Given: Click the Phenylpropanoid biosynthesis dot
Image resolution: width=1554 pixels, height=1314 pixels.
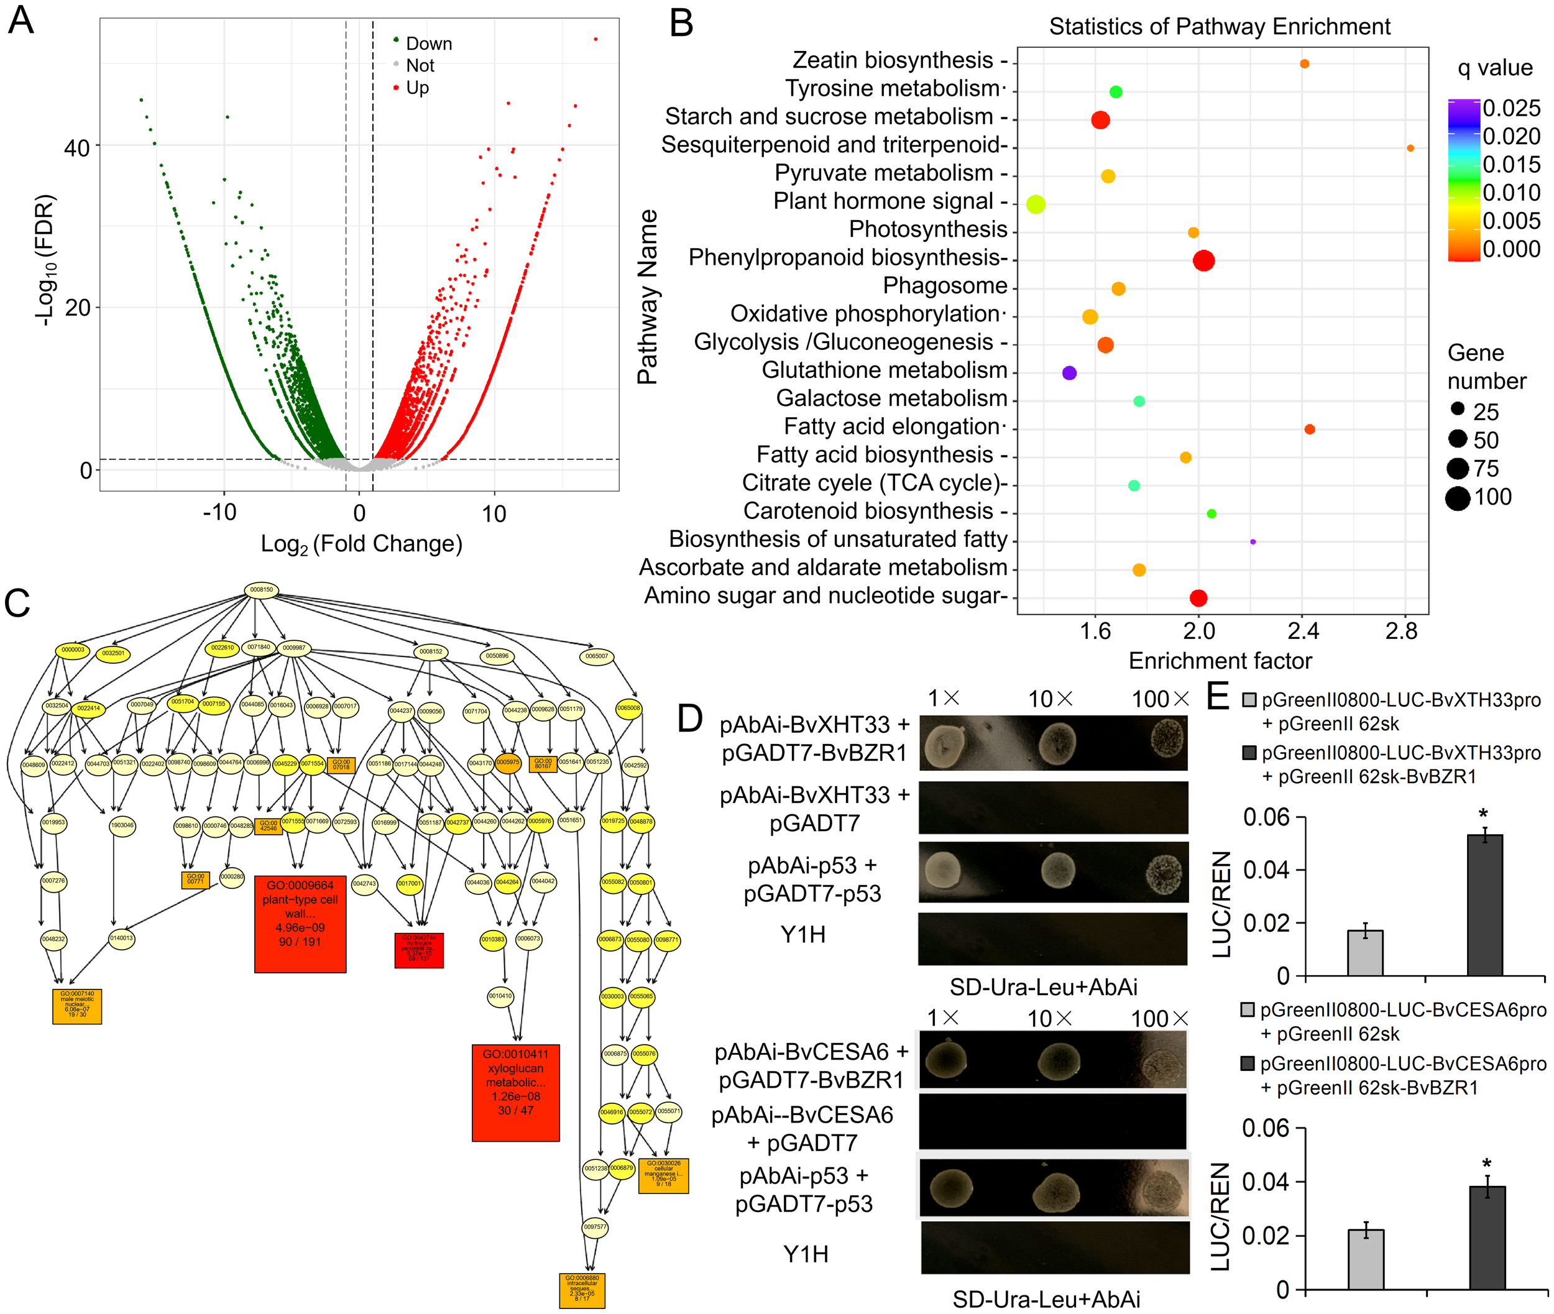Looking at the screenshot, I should (1203, 260).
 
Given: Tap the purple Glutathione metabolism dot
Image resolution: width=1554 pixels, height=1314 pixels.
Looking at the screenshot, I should (1069, 372).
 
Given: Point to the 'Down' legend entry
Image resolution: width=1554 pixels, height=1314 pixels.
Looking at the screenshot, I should (428, 44).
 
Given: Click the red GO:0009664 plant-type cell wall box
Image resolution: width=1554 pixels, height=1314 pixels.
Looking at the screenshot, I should (300, 924).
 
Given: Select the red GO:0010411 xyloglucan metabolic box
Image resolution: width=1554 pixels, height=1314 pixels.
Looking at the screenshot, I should (515, 1092).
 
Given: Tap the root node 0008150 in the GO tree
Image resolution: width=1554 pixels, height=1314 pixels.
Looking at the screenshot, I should (262, 590).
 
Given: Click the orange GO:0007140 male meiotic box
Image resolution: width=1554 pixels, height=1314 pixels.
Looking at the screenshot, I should (76, 1006).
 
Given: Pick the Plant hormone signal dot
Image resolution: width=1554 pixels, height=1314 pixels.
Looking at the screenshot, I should (1036, 204).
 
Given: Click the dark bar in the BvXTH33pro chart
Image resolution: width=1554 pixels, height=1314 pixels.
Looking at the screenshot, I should (1484, 904).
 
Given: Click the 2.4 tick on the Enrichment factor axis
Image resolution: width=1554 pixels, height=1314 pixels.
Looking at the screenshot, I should (1302, 632).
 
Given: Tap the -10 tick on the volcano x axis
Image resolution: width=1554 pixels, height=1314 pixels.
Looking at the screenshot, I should (220, 513).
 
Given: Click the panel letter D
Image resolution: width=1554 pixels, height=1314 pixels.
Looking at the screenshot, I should (690, 717).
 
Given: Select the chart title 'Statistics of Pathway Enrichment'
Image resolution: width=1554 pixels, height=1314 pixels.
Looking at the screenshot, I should (1219, 27).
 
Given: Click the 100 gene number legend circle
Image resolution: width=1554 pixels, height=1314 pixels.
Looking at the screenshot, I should (1457, 498).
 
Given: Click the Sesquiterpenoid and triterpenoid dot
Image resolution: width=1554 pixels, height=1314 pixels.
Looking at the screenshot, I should (1410, 148).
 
